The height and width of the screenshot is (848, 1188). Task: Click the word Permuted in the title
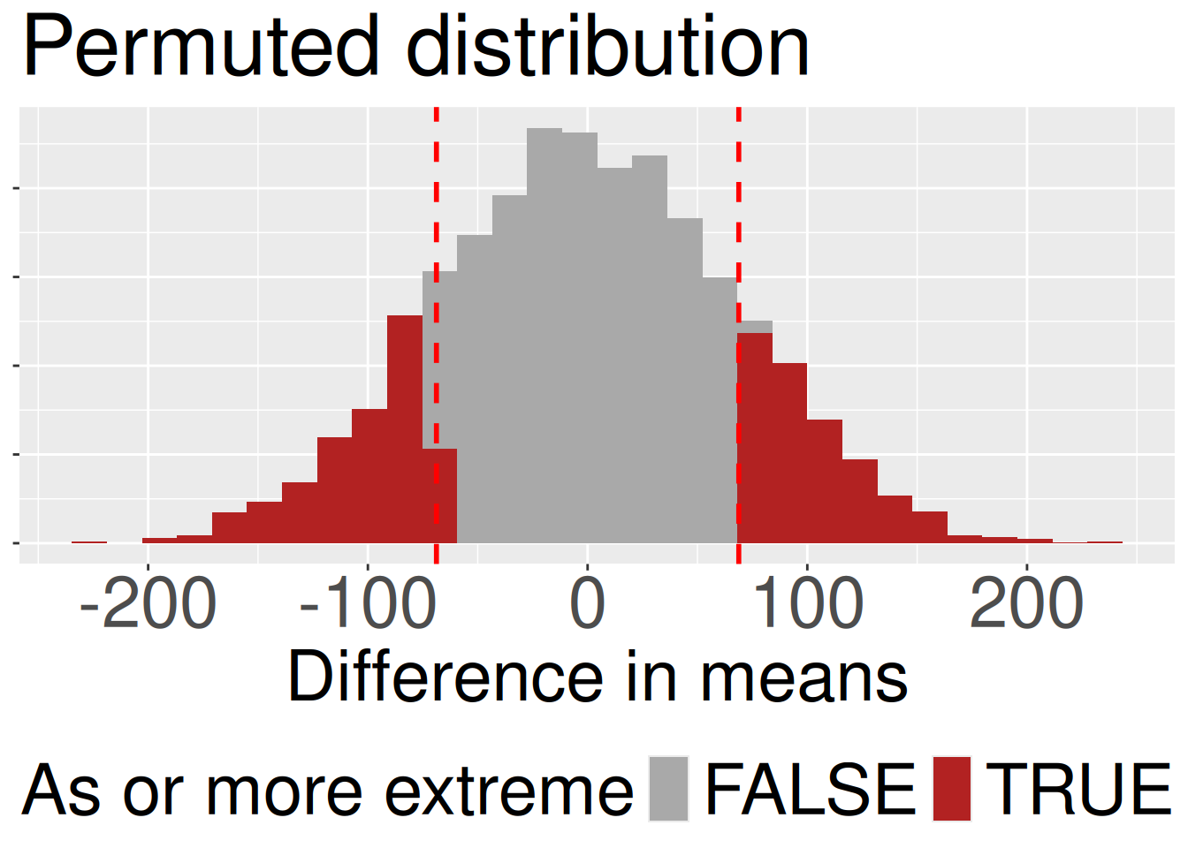pos(201,48)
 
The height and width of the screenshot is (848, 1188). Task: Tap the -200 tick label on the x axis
pos(148,605)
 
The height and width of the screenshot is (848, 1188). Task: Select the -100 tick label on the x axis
pos(368,605)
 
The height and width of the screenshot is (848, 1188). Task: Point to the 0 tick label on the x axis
pos(587,605)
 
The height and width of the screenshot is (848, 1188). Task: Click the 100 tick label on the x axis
pos(807,605)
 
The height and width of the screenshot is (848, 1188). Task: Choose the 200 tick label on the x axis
pos(1026,605)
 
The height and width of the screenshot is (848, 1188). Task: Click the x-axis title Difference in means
pos(598,678)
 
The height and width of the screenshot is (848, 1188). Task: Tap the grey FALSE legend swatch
pos(668,789)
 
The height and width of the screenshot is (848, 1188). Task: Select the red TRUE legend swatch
pos(952,789)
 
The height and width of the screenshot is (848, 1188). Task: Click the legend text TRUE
pos(1078,789)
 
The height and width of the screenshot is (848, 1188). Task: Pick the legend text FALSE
pos(810,789)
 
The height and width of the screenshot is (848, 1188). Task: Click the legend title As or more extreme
pos(327,791)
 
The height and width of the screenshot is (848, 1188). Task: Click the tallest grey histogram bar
pos(544,336)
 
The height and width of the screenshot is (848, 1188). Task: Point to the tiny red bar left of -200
pos(89,541)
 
